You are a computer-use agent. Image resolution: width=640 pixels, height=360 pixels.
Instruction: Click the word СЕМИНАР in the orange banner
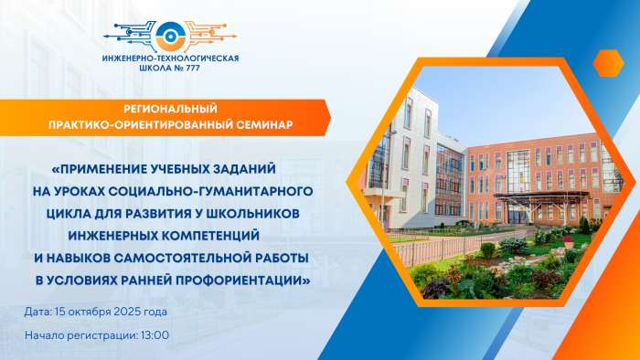point(260,124)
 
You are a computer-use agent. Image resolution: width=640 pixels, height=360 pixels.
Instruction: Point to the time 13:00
point(155,335)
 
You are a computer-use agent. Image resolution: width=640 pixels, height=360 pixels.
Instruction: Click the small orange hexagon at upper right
point(607,63)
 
